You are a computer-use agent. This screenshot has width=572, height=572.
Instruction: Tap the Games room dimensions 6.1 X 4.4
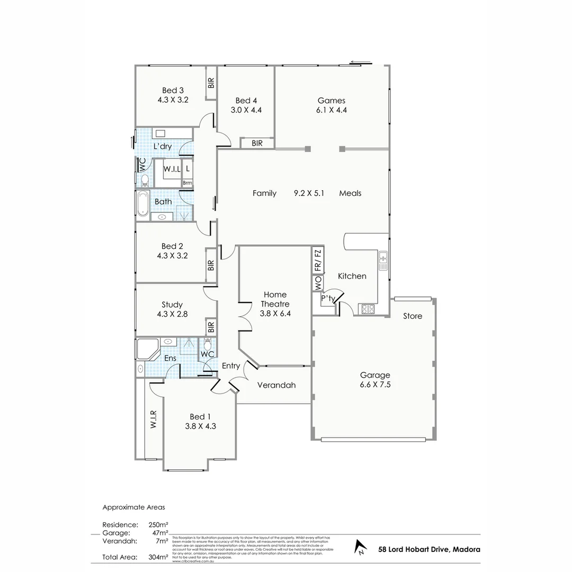click(332, 110)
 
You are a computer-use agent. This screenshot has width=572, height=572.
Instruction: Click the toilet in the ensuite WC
click(208, 343)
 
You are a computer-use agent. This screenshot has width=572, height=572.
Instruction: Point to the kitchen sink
click(383, 259)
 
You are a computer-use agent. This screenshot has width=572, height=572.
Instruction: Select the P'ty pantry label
click(328, 299)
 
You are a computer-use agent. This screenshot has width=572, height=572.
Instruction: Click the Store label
click(413, 316)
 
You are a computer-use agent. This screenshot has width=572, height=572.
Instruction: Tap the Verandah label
click(276, 385)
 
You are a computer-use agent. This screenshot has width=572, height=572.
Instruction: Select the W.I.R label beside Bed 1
click(153, 419)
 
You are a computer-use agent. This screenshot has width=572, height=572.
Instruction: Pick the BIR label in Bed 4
click(257, 143)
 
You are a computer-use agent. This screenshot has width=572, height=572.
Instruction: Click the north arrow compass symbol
click(361, 548)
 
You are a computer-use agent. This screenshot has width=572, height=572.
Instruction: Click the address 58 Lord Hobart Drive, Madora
click(429, 549)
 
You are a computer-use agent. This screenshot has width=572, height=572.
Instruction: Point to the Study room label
click(172, 305)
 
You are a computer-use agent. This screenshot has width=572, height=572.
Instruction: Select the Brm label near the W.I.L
click(187, 183)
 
